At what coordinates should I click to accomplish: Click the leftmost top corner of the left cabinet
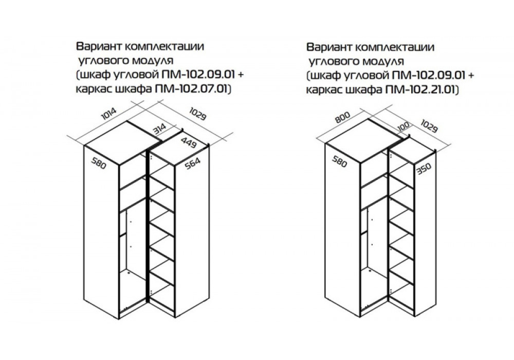pyautogui.click(x=84, y=146)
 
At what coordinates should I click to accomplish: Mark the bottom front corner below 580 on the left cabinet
pyautogui.click(x=118, y=319)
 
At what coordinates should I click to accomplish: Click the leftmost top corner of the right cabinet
pyautogui.click(x=325, y=143)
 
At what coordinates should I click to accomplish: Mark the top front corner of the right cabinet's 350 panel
pyautogui.click(x=414, y=163)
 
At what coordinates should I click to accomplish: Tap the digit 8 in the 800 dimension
pyautogui.click(x=338, y=120)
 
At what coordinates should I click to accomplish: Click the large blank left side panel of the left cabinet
pyautogui.click(x=101, y=232)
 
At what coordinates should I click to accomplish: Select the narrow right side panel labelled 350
pyautogui.click(x=425, y=234)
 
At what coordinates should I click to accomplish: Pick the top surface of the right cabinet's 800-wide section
pyautogui.click(x=362, y=141)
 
